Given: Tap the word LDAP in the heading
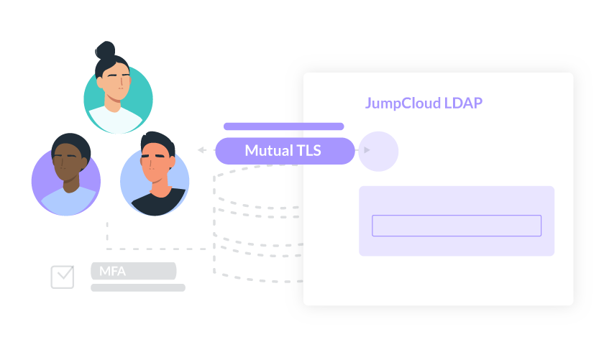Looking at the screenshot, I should tap(462, 103).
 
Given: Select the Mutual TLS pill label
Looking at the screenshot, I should tap(285, 151).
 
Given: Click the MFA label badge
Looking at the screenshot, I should tap(133, 271).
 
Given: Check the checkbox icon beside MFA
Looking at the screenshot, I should tap(63, 276).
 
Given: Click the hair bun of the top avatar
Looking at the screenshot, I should tap(105, 51).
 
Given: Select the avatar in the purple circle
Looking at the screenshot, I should tap(66, 177).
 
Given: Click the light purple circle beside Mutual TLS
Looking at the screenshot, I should tap(378, 151).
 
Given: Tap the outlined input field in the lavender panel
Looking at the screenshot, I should tap(456, 226).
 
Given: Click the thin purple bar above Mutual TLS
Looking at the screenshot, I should tap(283, 126).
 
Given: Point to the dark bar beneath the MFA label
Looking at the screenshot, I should tap(137, 287).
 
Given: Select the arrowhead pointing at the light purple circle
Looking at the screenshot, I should tap(367, 150).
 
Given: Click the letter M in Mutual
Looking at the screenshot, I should tap(251, 151).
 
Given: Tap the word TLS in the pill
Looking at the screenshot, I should tap(308, 151).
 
